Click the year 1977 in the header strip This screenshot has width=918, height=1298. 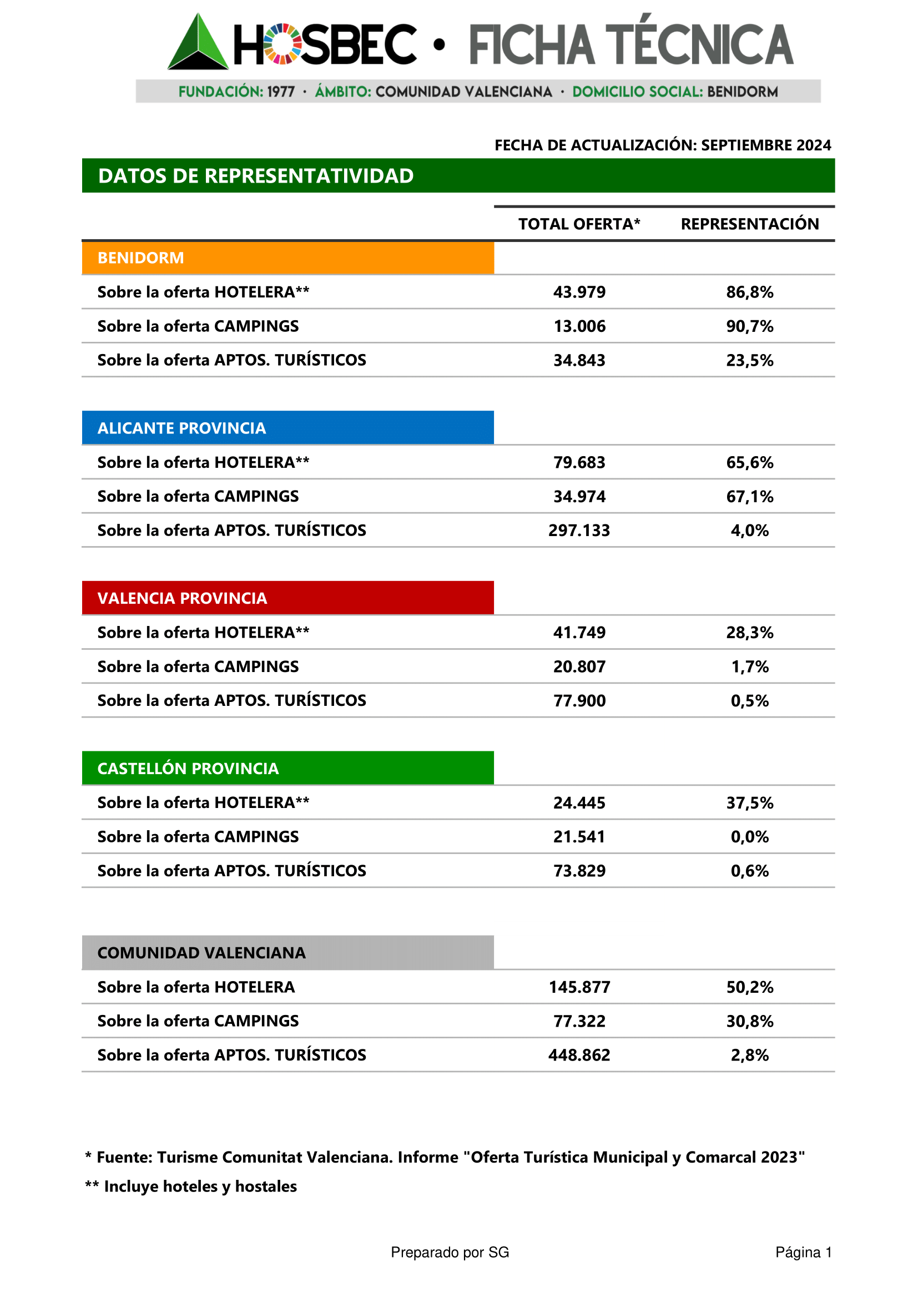pos(281,92)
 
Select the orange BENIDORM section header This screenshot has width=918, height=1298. pos(287,258)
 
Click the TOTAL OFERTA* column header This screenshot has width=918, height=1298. pos(579,224)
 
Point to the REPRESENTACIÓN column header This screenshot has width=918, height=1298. pos(749,224)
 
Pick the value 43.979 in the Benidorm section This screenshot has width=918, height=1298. pos(579,292)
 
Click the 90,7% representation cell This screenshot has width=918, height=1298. pos(749,326)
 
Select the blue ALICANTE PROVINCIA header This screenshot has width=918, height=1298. pos(287,428)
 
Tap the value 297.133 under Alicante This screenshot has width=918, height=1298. pos(579,531)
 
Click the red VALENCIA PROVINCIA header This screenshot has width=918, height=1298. pos(287,598)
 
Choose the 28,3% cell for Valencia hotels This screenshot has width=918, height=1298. pos(749,633)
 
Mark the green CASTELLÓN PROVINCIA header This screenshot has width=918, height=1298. pos(287,768)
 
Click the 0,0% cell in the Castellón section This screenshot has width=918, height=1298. pos(749,837)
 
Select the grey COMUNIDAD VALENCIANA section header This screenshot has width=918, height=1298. pos(287,953)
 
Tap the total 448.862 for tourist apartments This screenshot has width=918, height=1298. pos(579,1055)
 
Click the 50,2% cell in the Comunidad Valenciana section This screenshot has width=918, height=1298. pos(749,987)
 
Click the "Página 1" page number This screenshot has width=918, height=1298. pos(803,1252)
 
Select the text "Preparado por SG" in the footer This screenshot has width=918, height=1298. pos(450,1252)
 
